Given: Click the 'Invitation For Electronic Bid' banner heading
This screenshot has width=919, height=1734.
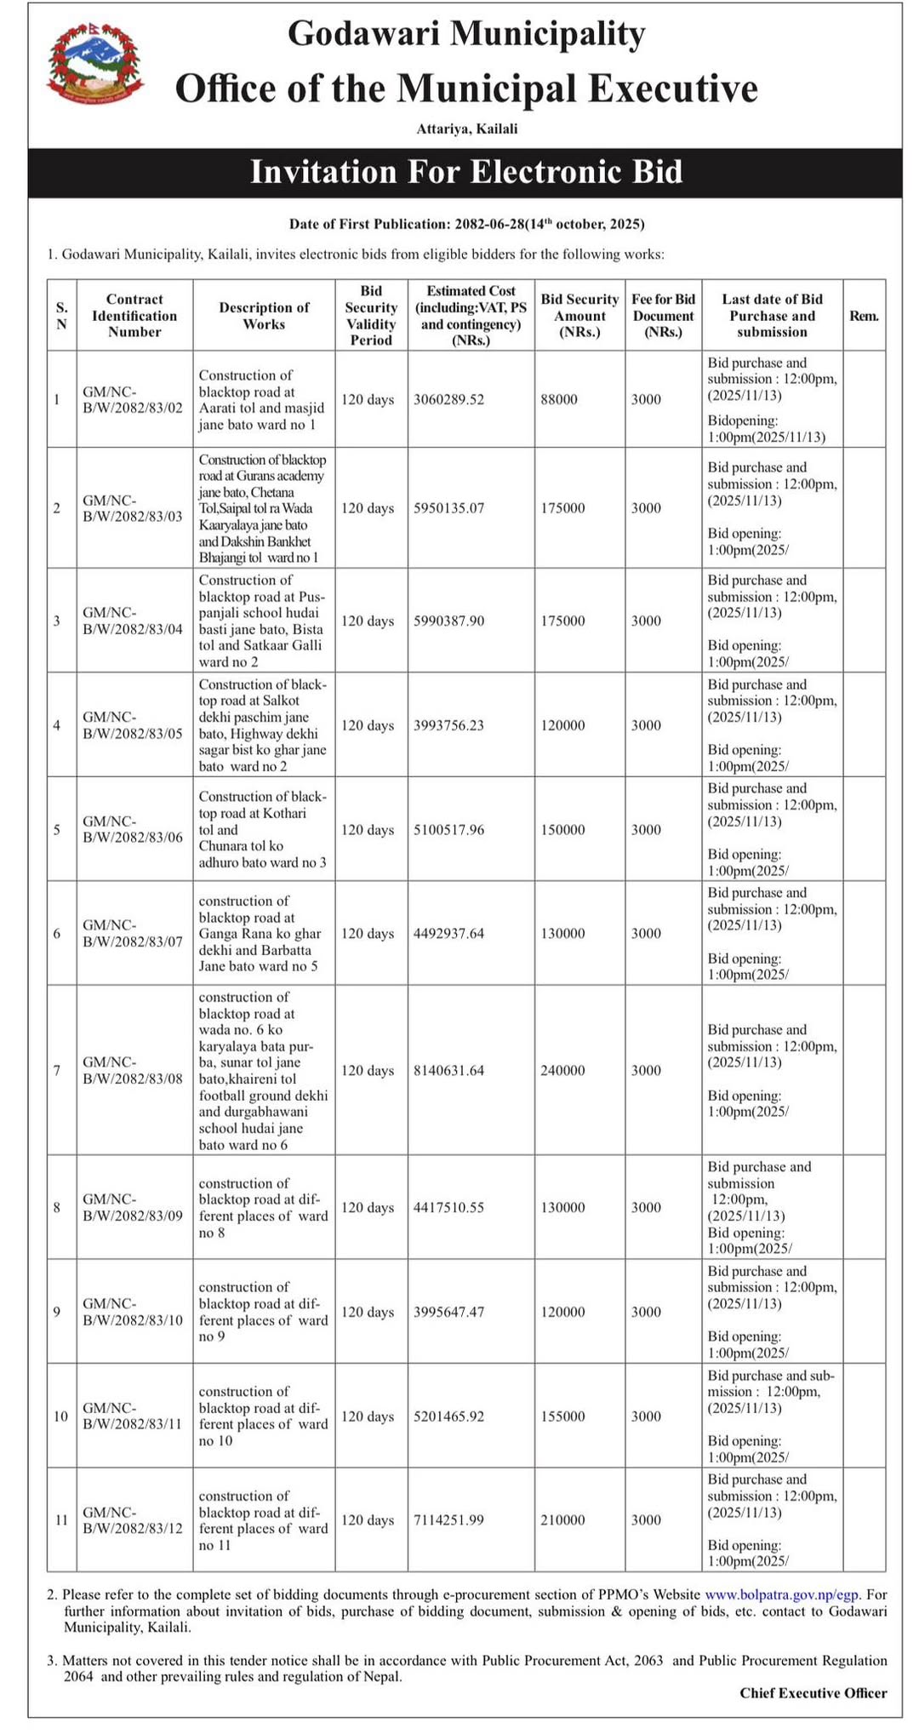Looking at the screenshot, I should pyautogui.click(x=466, y=173).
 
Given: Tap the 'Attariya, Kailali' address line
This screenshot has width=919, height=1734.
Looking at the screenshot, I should pyautogui.click(x=466, y=129).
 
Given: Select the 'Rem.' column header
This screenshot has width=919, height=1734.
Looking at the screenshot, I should pyautogui.click(x=864, y=316).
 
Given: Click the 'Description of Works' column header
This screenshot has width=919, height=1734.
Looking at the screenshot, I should pyautogui.click(x=264, y=316).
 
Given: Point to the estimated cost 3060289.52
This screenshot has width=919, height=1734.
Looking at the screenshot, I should pyautogui.click(x=448, y=399).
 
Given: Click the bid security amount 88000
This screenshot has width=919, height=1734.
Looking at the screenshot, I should pyautogui.click(x=559, y=399).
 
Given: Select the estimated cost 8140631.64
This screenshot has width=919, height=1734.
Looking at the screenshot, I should pyautogui.click(x=448, y=1070).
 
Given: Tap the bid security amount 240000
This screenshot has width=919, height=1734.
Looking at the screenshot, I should pyautogui.click(x=562, y=1070).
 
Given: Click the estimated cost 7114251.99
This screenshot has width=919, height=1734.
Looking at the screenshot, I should pyautogui.click(x=448, y=1519).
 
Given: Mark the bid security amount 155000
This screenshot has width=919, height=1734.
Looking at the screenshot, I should pyautogui.click(x=562, y=1416).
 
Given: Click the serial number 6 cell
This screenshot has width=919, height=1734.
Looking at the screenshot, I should pyautogui.click(x=57, y=933).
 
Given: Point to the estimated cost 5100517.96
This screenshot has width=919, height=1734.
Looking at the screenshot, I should pyautogui.click(x=448, y=829).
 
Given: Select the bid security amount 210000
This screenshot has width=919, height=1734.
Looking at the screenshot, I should pyautogui.click(x=562, y=1519).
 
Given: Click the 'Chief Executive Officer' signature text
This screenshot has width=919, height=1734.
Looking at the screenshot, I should pyautogui.click(x=813, y=1692).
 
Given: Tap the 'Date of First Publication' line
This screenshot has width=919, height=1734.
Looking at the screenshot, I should pyautogui.click(x=466, y=225).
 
